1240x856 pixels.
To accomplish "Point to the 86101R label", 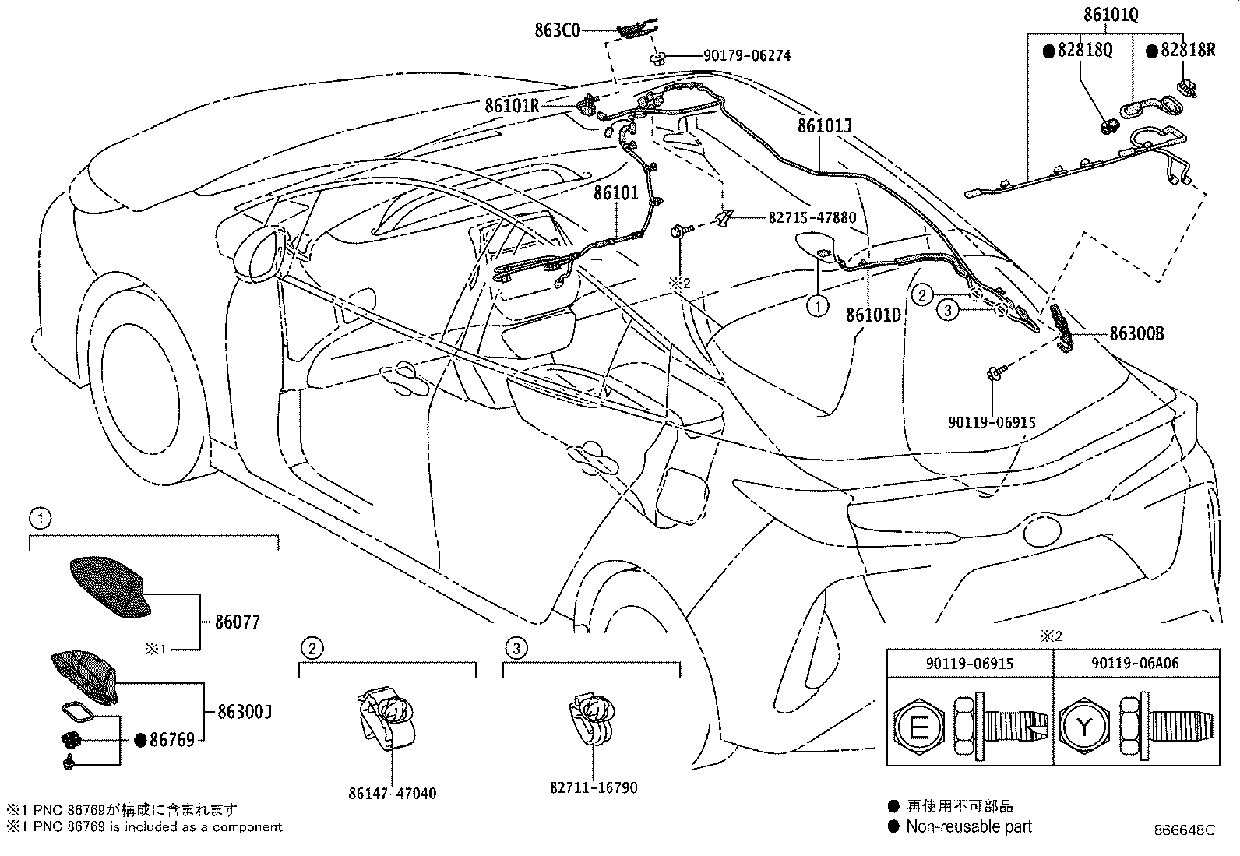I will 511,105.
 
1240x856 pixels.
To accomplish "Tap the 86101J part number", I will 825,125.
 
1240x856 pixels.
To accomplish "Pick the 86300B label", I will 1136,334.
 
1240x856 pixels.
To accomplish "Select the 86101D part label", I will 873,315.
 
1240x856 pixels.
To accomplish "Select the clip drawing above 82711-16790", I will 593,716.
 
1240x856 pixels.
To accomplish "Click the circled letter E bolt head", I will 920,727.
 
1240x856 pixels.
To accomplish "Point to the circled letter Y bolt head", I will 1083,727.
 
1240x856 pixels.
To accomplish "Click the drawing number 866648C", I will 1184,830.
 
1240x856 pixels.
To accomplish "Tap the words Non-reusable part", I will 968,827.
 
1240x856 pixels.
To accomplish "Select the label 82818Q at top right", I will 1084,50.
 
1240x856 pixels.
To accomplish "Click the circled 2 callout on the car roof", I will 922,294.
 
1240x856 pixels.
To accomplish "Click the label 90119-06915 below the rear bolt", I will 992,423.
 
